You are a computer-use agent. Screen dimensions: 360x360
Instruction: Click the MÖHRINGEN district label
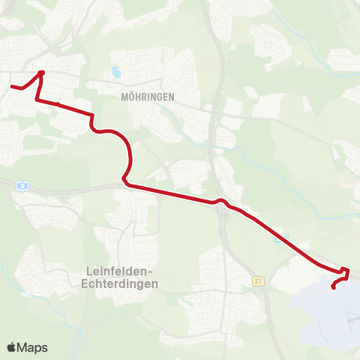coord(147,97)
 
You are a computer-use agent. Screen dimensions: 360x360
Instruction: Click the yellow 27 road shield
coord(259,280)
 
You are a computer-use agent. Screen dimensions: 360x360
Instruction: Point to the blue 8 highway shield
coord(24,185)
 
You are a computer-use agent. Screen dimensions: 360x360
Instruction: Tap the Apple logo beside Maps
coord(12,347)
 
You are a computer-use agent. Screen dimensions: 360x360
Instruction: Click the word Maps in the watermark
coord(33,347)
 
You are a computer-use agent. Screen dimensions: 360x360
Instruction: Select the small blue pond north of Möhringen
coord(115,73)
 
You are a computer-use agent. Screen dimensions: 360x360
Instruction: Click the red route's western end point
coord(12,86)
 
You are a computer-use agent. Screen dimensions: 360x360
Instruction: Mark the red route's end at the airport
coord(333,286)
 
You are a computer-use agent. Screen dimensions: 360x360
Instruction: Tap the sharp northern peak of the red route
coord(42,72)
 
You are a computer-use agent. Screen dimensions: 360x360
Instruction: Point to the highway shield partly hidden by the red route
coord(280,239)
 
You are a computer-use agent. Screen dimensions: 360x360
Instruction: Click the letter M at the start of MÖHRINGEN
coord(124,97)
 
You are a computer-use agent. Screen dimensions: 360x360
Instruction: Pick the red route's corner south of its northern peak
coord(36,98)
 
